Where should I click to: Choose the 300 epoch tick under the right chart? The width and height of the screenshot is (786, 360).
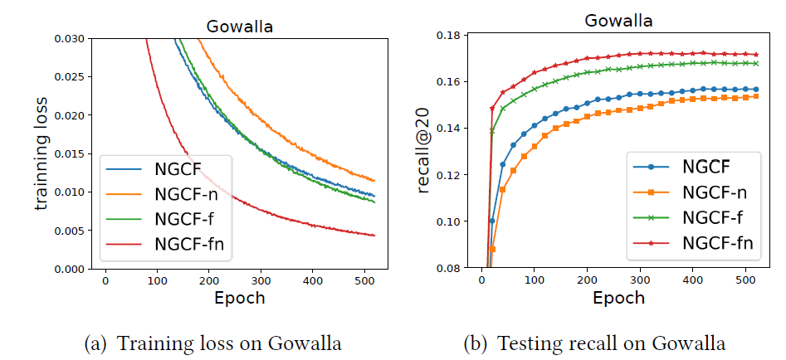[640, 282]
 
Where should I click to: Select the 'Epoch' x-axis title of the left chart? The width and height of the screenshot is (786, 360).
[239, 297]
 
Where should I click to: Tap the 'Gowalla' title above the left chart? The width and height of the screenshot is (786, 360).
[239, 27]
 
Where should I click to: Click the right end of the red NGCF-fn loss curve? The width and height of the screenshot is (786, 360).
[374, 236]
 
